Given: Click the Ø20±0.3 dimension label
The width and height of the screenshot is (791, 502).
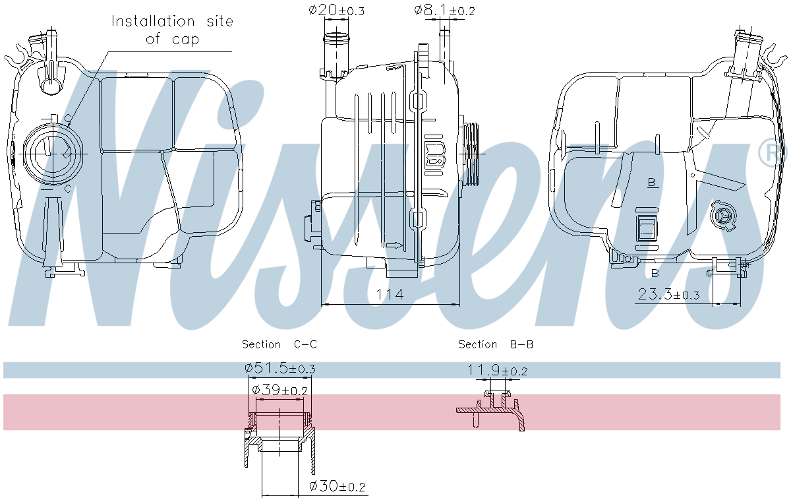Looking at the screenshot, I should (x=336, y=11).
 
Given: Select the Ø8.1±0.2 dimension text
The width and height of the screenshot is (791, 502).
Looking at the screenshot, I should (x=444, y=11).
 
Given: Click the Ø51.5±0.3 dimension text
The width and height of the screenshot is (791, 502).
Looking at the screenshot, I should (x=279, y=368).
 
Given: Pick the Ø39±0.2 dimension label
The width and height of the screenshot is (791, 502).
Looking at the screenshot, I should (x=279, y=391).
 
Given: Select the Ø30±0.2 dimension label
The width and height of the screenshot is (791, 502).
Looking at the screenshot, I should (x=337, y=487).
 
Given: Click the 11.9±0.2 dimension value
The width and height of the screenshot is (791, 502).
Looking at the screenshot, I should (x=498, y=371).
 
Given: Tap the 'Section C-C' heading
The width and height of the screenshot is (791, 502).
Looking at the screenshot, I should (x=279, y=344).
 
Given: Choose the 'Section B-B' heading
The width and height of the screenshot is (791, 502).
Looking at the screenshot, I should (x=496, y=344).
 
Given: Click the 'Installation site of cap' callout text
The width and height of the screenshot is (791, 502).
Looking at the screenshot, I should (x=171, y=30).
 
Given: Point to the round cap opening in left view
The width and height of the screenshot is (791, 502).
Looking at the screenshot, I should (x=50, y=152).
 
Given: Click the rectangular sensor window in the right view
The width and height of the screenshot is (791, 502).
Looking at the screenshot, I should (x=647, y=228).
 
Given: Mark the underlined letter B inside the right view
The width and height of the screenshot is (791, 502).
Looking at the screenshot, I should (x=652, y=183).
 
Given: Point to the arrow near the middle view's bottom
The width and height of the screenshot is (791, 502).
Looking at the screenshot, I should (x=394, y=245).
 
